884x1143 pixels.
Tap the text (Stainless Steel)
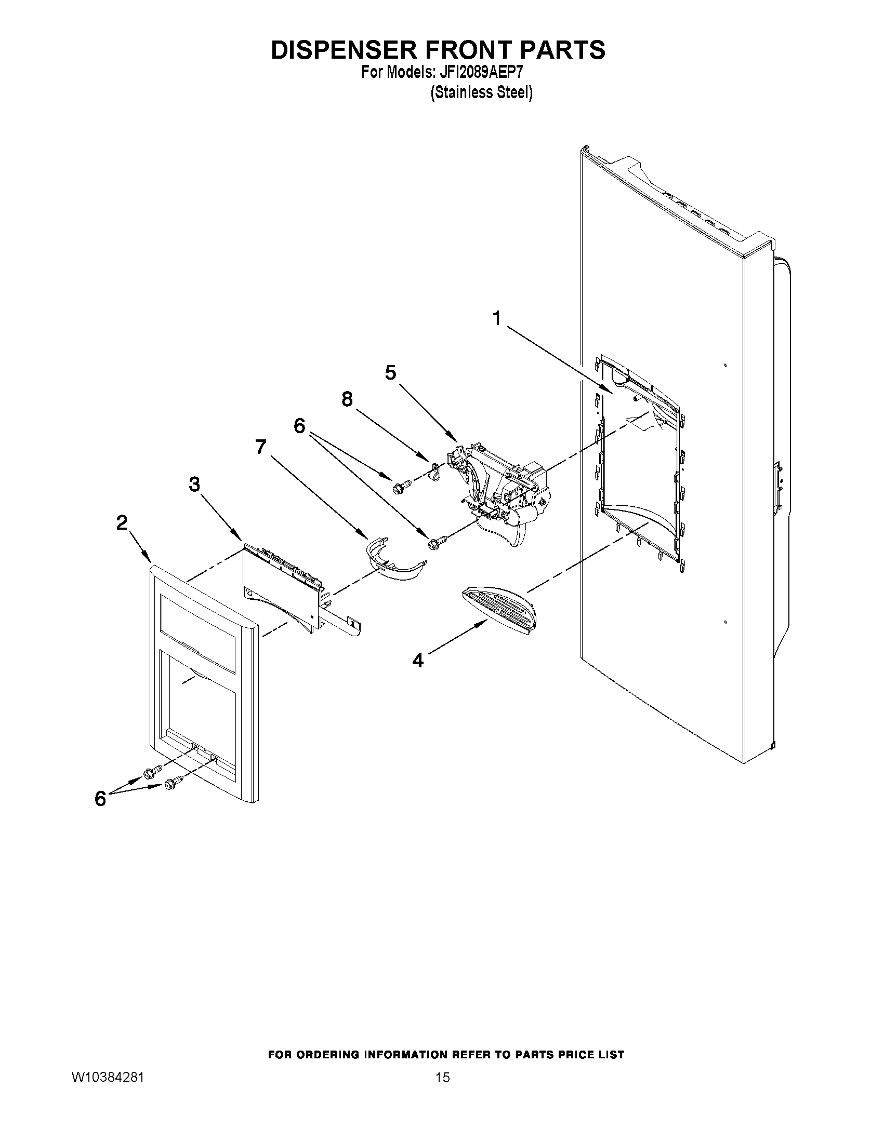coord(481,92)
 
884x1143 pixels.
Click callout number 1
coord(496,318)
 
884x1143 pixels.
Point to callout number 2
coord(122,522)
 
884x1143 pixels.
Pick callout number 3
coord(194,485)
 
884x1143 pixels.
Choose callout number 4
coord(417,661)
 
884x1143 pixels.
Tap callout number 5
coord(391,373)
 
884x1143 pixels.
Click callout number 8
coord(347,399)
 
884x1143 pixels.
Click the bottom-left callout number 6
coord(100,799)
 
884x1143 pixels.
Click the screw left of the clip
coord(400,488)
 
